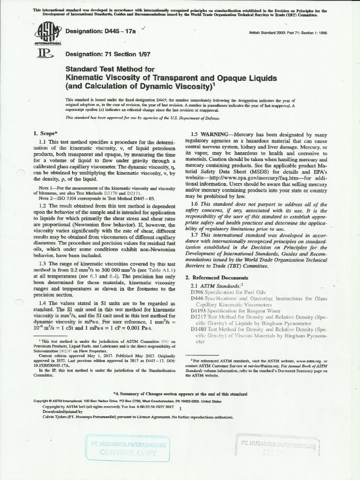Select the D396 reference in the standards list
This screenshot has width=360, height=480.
196,292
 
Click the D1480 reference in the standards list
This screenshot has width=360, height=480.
196,329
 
